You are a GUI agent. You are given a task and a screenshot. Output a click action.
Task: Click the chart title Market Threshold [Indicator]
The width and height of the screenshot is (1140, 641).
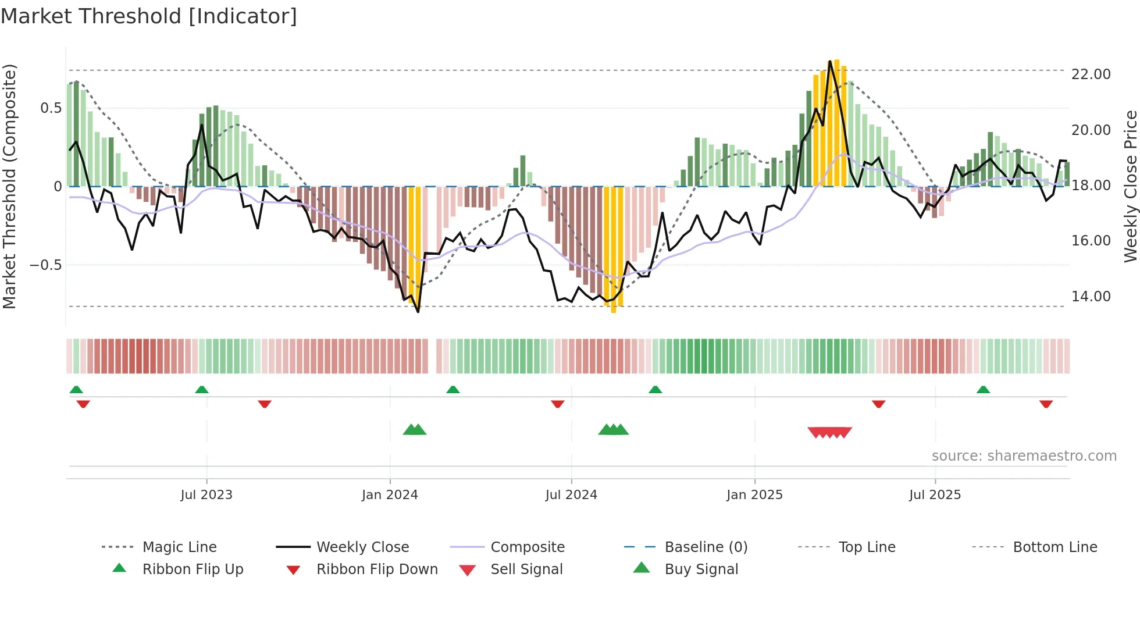coord(149,16)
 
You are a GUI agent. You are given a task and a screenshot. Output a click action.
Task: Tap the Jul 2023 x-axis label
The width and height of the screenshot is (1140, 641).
coord(206,495)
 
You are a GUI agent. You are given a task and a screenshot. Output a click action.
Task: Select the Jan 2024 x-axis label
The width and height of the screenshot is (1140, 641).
coord(390,495)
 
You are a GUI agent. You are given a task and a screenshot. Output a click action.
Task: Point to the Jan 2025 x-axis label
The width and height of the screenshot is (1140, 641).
coord(754,495)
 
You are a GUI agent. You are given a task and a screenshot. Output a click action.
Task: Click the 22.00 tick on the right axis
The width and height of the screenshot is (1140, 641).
coord(1091,74)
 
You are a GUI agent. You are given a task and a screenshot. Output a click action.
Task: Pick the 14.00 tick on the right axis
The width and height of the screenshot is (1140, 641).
coord(1091,297)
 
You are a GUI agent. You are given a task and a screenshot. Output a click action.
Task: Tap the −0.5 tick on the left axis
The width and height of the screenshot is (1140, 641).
coord(45,265)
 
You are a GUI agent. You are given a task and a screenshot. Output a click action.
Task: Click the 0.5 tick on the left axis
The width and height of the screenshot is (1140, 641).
coord(51,108)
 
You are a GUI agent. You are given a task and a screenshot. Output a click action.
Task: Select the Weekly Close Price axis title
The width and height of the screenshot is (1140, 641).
coord(1130,186)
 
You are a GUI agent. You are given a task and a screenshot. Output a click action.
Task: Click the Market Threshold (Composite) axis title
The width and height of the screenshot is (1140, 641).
coord(9,186)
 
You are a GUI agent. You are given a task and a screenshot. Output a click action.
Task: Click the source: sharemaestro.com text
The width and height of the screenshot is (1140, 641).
coord(1024,456)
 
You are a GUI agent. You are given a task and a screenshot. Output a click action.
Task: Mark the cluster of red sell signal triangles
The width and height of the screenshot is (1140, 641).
coord(830,432)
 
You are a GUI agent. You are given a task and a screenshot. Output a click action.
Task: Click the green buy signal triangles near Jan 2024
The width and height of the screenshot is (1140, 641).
coord(415,430)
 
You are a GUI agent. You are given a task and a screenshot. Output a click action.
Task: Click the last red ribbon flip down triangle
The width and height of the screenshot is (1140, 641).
coord(1046,404)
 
